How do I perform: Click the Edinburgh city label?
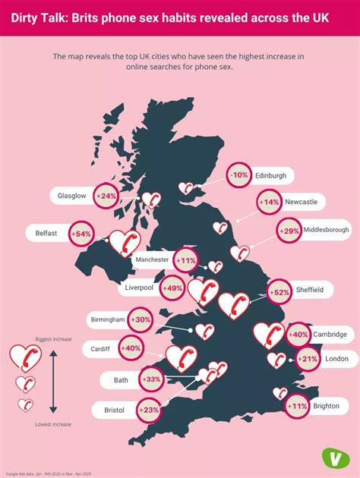click(270, 175)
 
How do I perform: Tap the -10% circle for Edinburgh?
click(240, 175)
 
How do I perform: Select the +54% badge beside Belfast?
click(81, 234)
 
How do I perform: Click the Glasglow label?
click(72, 196)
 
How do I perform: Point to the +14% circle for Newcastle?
click(269, 202)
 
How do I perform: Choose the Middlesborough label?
click(326, 230)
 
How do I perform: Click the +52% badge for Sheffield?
click(279, 290)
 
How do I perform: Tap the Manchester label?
click(152, 259)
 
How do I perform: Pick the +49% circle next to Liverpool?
click(173, 288)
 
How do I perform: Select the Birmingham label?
click(107, 319)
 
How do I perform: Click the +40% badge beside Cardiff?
click(131, 348)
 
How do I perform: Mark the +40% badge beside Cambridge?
click(298, 334)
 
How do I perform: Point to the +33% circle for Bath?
click(151, 379)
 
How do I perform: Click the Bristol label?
click(113, 410)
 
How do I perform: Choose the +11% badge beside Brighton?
click(297, 406)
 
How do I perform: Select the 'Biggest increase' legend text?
click(53, 339)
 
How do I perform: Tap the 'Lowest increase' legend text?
click(53, 423)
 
